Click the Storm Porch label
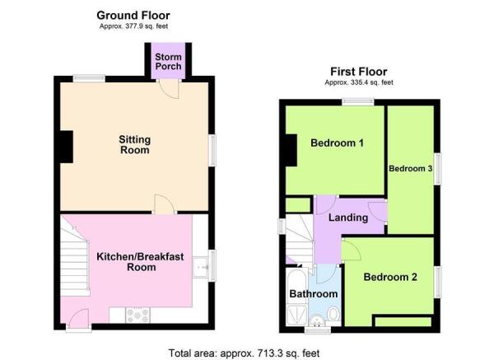[169, 62]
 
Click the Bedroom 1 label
[337, 143]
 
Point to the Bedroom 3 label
[410, 168]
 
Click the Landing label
[347, 218]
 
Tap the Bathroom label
[313, 294]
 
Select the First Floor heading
[358, 72]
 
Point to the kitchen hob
[137, 314]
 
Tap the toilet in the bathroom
[332, 313]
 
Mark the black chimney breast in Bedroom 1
[291, 150]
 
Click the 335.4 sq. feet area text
[358, 82]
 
